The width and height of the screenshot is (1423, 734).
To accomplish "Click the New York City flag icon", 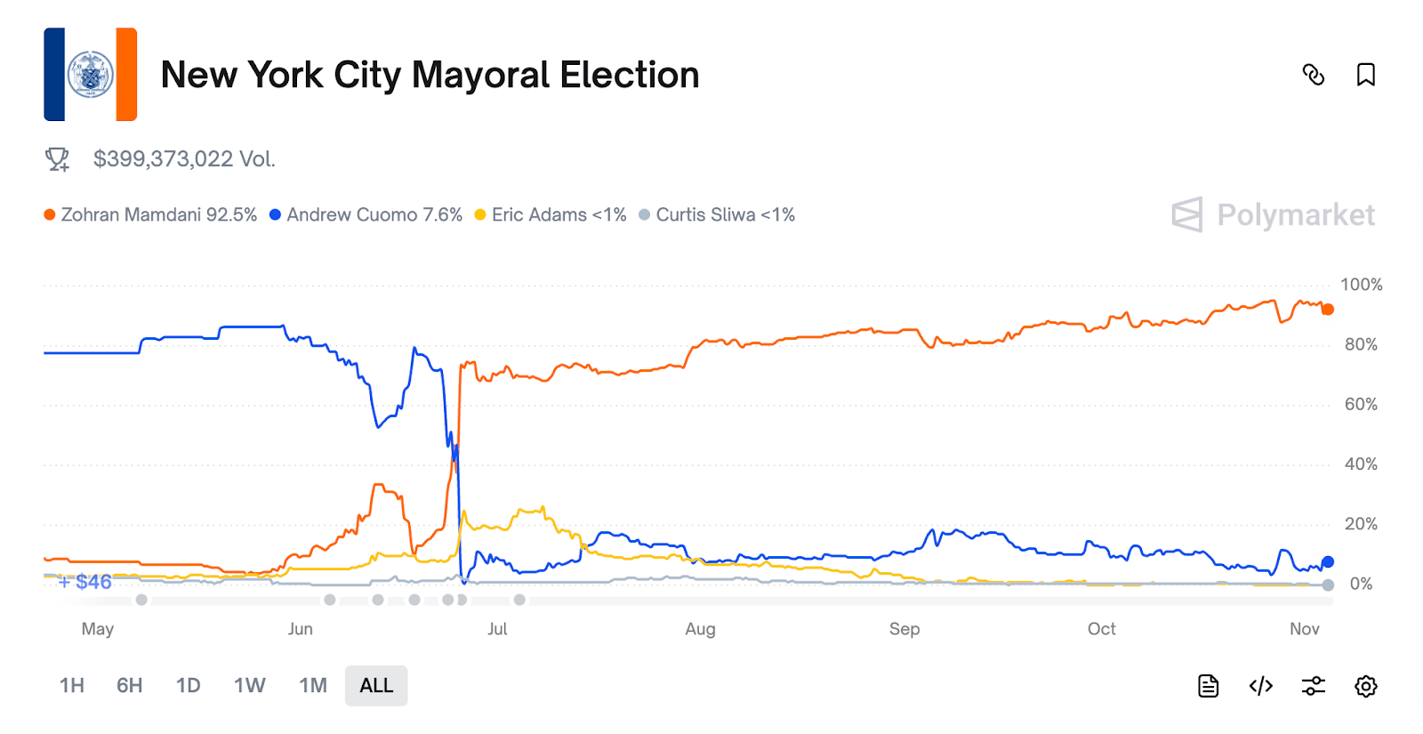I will (x=91, y=75).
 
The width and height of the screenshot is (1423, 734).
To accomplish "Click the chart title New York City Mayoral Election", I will (x=430, y=75).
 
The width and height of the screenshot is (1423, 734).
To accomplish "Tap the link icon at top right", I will (x=1313, y=75).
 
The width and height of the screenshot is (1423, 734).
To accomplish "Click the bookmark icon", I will (x=1365, y=75).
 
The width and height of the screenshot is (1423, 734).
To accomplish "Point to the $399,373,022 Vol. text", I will (x=184, y=159).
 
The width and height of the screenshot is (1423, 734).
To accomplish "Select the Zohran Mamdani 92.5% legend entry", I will (x=150, y=215).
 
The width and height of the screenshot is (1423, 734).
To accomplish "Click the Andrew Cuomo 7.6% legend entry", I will (x=366, y=215).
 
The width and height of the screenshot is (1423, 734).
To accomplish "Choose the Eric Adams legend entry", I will (x=551, y=215).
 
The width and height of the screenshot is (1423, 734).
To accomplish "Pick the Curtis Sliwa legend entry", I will (x=717, y=215).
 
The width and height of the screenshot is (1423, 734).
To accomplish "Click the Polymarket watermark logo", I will (x=1273, y=215).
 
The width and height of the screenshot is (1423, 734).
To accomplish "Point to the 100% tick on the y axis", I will (x=1361, y=285).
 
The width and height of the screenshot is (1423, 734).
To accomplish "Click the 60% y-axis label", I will (x=1361, y=405).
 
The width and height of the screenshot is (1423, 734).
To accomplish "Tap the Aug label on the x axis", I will (x=700, y=629).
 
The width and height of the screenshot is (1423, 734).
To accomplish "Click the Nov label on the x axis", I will (x=1304, y=629).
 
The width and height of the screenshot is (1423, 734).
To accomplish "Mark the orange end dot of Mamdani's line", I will (x=1328, y=310).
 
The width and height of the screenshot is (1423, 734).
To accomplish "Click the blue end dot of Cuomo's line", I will (x=1328, y=562).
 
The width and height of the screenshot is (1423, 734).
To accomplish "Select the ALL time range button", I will (x=376, y=686).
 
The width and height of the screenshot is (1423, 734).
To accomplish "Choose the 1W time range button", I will (x=250, y=686).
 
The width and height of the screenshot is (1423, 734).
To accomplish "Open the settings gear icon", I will (x=1365, y=686).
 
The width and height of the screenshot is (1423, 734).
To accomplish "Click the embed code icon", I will (x=1260, y=686).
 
